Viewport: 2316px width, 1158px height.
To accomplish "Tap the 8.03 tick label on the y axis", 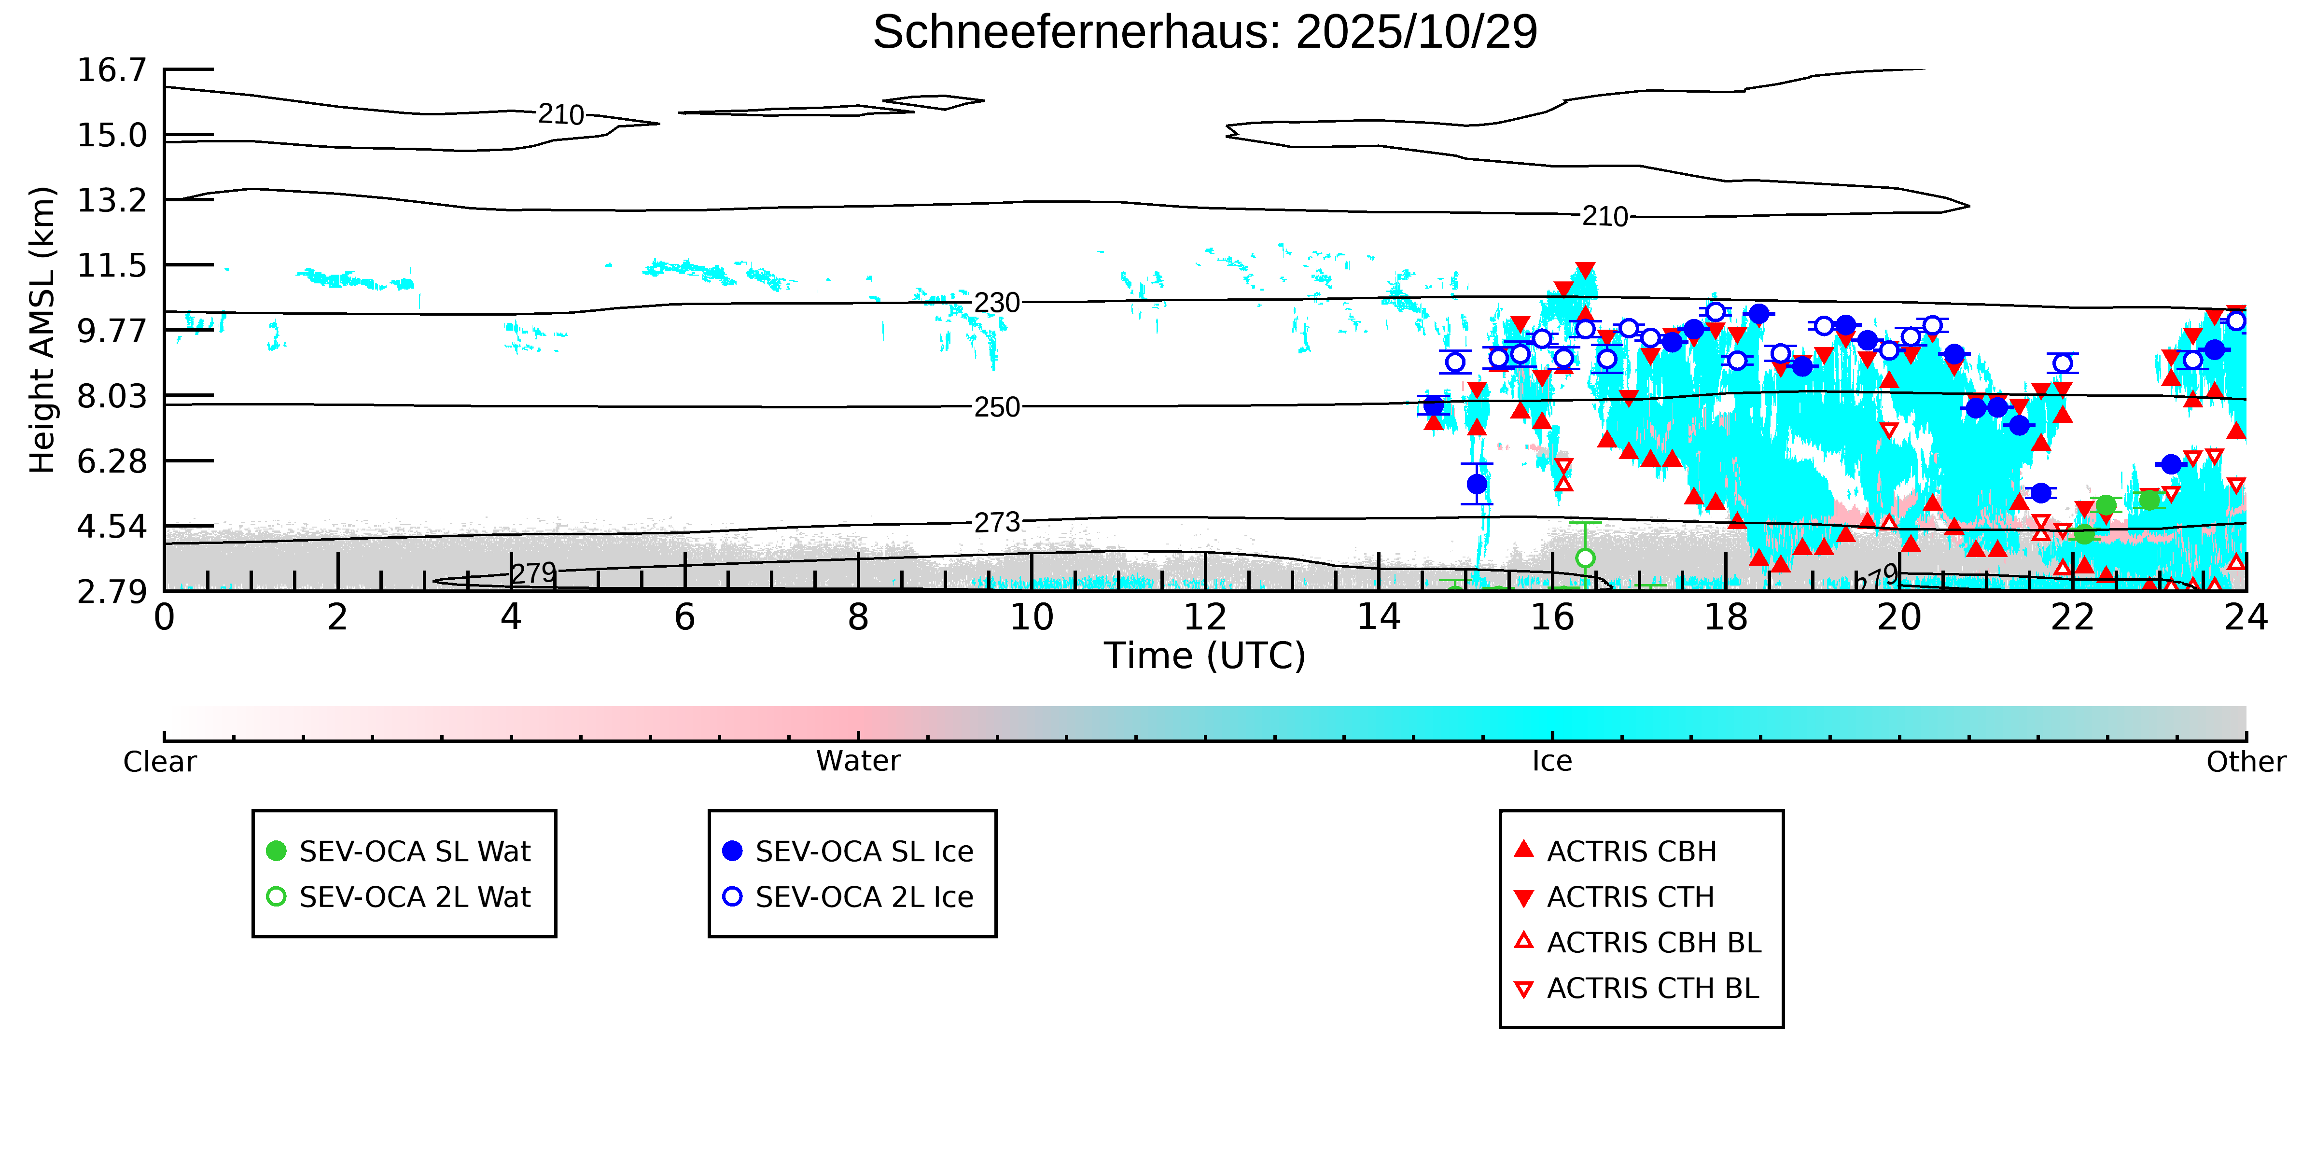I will coord(112,396).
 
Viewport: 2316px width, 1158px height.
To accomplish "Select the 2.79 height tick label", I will coord(112,592).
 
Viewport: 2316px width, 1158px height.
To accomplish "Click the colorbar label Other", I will coord(2245,762).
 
